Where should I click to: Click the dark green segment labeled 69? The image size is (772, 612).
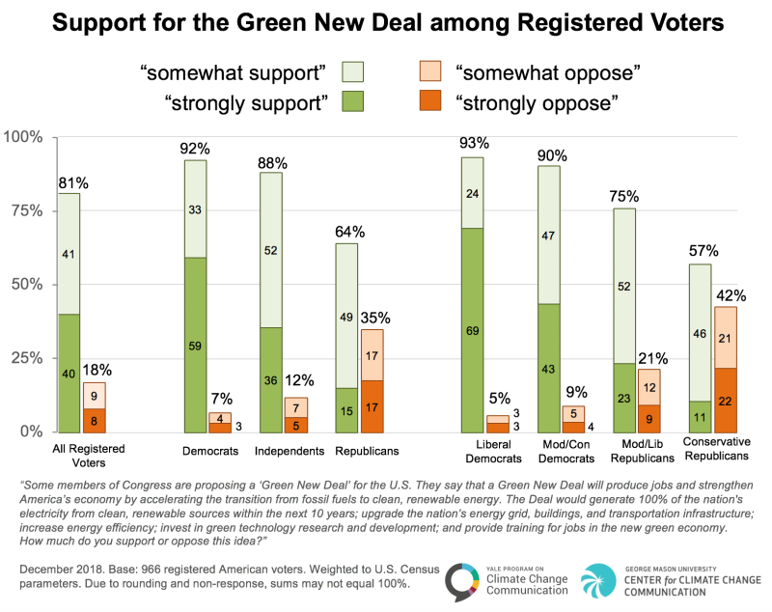[x=472, y=329]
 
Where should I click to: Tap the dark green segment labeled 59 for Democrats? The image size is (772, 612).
[x=195, y=344]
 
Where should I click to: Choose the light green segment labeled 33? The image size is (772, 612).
[x=195, y=209]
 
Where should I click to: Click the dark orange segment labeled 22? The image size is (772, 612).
[x=725, y=400]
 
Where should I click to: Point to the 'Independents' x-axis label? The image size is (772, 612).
[x=284, y=451]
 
